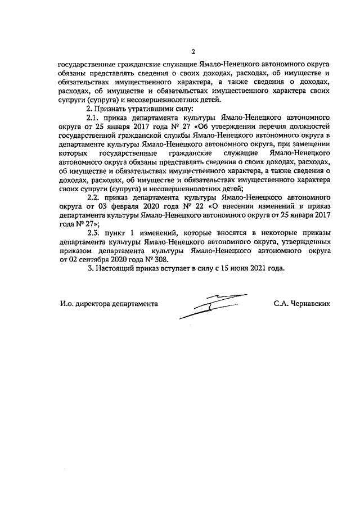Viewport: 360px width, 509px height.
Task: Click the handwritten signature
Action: (214, 304)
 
